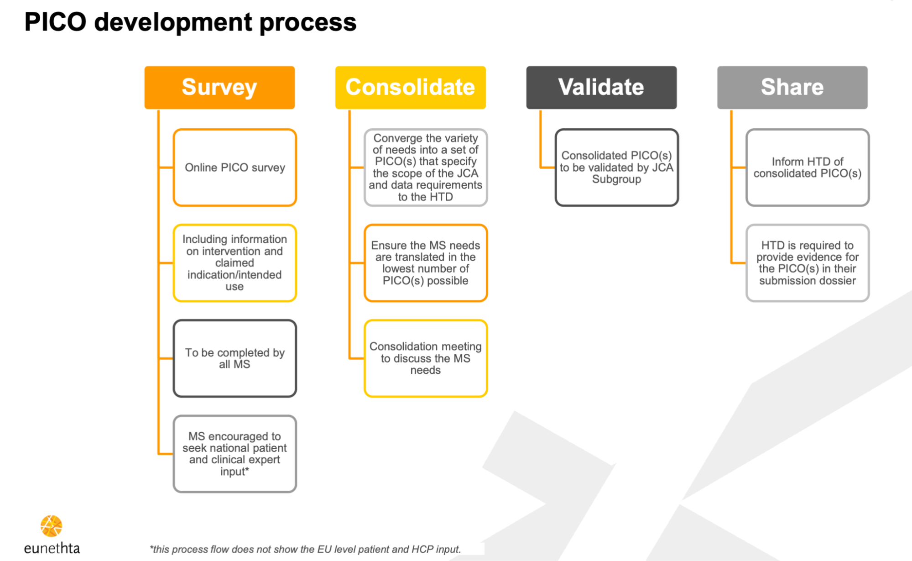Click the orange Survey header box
tap(219, 87)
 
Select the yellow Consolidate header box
tap(410, 87)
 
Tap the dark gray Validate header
tap(601, 87)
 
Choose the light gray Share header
tap(792, 87)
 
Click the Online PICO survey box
tap(235, 168)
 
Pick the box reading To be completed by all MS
tap(235, 358)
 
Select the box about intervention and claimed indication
tap(235, 263)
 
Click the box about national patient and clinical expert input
tap(235, 454)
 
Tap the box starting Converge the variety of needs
tap(425, 168)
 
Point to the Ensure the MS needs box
tap(425, 263)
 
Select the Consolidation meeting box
tap(425, 358)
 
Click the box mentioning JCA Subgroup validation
tap(616, 168)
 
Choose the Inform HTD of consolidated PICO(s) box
tap(807, 168)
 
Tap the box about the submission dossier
tap(807, 263)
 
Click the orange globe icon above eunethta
tap(51, 526)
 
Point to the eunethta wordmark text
tap(52, 548)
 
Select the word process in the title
tap(308, 23)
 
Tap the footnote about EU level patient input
tap(305, 549)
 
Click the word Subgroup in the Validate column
tap(616, 179)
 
